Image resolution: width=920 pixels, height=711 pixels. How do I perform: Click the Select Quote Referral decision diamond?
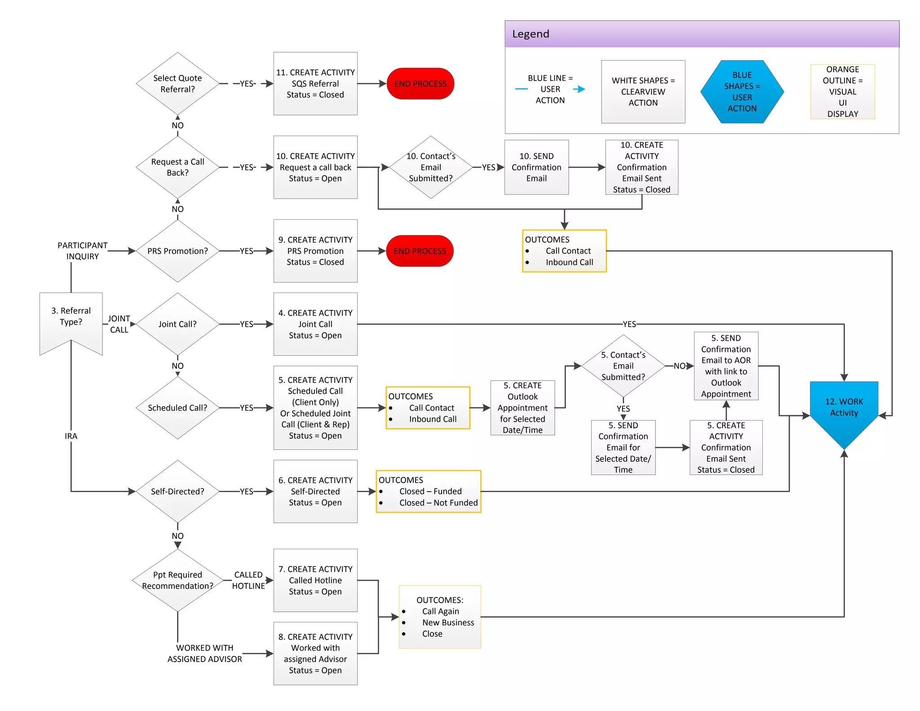click(177, 84)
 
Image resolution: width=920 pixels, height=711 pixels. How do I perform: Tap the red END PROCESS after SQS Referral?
click(420, 84)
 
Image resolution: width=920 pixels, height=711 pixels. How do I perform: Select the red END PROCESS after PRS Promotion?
click(420, 251)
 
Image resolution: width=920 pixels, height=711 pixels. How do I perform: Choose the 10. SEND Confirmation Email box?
click(536, 167)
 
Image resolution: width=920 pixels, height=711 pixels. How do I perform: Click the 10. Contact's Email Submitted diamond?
click(430, 167)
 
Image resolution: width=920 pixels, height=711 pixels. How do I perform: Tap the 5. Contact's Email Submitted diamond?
click(623, 366)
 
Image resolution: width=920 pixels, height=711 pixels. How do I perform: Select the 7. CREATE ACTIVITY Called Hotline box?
click(315, 580)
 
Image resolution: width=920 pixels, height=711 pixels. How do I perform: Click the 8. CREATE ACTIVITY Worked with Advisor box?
click(315, 653)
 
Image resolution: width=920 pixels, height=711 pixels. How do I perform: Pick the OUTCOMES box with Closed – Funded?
click(428, 491)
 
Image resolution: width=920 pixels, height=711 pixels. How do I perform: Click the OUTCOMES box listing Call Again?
click(440, 617)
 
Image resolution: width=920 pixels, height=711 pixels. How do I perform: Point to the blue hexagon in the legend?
click(742, 92)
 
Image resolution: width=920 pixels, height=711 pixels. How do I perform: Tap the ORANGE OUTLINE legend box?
click(842, 92)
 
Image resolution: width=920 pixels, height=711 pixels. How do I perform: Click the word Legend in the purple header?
click(531, 34)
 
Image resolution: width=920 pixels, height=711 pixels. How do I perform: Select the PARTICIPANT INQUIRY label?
click(82, 251)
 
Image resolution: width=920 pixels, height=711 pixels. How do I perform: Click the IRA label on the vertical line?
click(71, 436)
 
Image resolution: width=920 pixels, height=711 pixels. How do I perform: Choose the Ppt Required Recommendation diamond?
click(177, 580)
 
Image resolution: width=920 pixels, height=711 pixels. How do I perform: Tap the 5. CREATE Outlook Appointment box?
click(522, 408)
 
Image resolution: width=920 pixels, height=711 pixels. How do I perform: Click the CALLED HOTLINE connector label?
click(248, 580)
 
